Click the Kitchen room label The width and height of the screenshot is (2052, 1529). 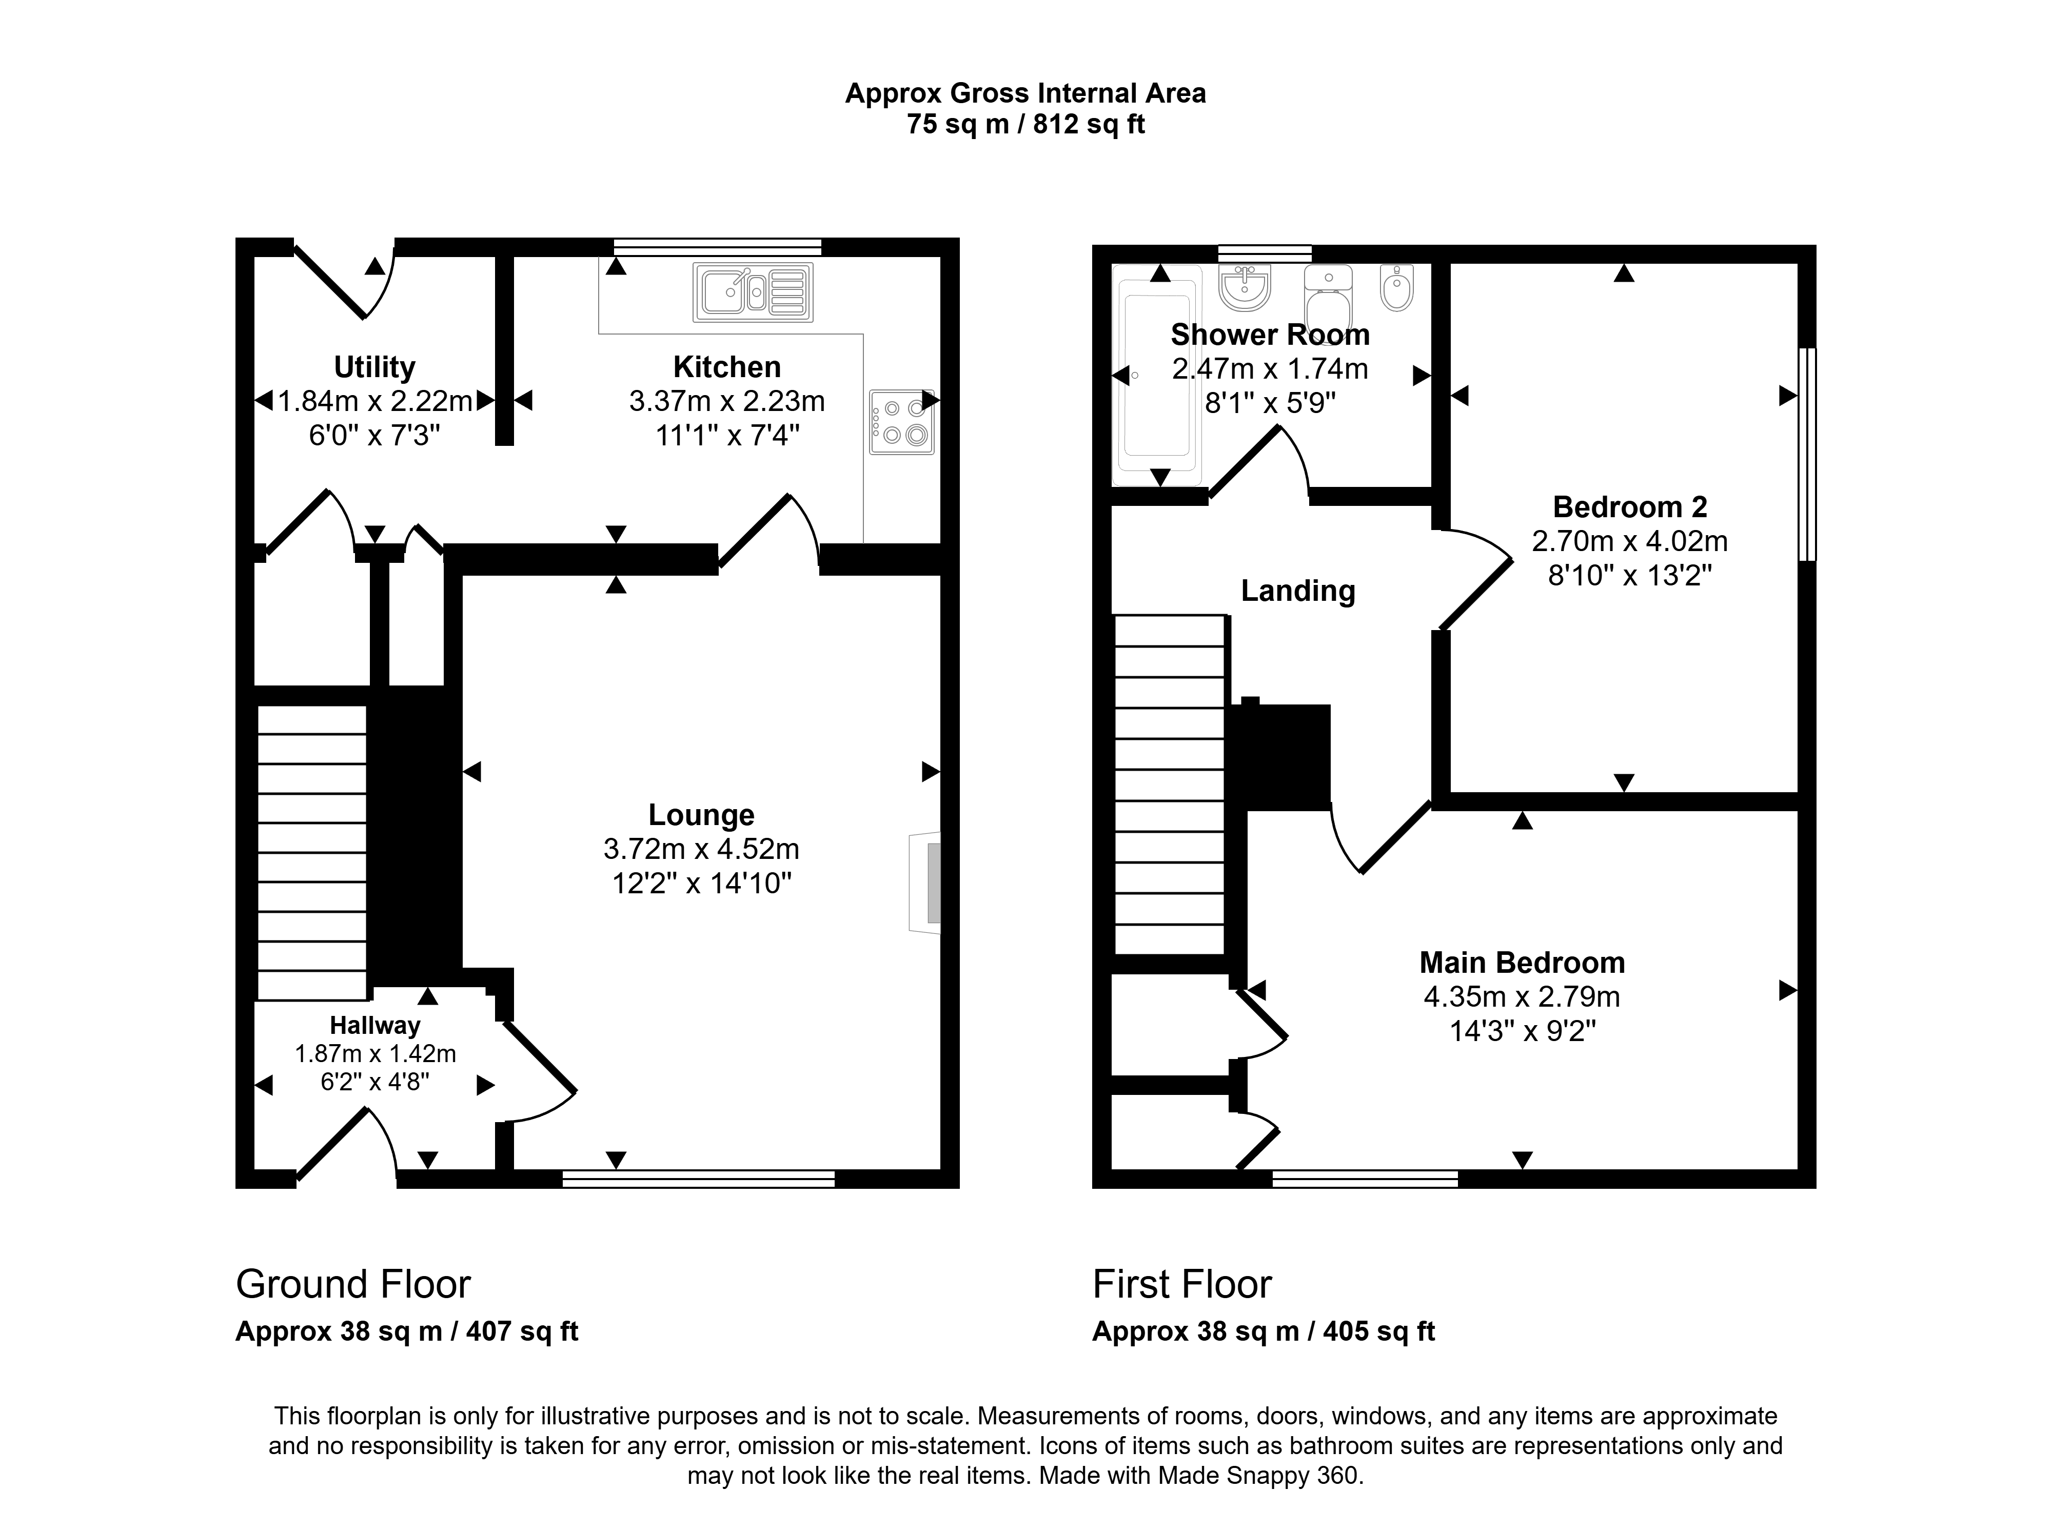click(726, 367)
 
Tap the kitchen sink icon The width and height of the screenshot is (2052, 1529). click(753, 292)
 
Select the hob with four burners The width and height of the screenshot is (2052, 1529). click(901, 422)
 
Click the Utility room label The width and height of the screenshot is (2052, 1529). click(374, 367)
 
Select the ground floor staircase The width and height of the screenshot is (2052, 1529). click(312, 852)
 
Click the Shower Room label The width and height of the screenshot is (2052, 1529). click(1269, 334)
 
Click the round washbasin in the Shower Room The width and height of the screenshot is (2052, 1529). click(1245, 288)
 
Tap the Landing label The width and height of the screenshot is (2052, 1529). click(1298, 591)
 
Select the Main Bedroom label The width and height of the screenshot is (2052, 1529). click(1522, 963)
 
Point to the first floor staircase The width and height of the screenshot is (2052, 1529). click(1170, 785)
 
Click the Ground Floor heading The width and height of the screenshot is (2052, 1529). click(353, 1285)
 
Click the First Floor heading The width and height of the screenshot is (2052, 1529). click(1182, 1285)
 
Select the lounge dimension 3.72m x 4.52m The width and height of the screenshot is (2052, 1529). click(701, 849)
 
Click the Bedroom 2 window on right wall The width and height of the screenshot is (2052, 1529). click(1807, 455)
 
